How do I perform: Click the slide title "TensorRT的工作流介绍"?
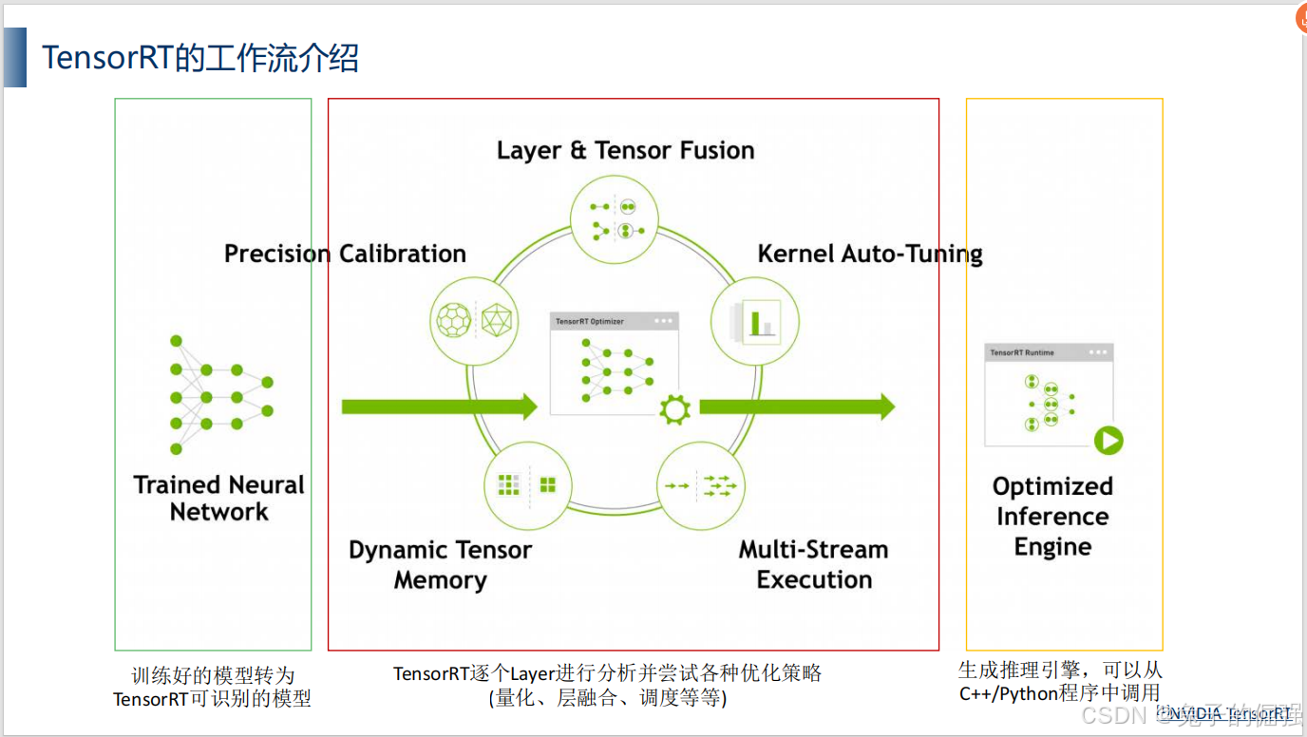coord(200,59)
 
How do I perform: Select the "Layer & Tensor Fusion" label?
coord(625,150)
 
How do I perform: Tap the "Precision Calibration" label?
coord(345,254)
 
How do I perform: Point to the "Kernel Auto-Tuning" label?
coord(869,254)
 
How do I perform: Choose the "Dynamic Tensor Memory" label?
coord(440,565)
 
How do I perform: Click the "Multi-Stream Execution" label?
coord(814,565)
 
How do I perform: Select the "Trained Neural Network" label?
coord(218,499)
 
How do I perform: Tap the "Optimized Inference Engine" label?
coord(1052,517)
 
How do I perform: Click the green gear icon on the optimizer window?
coord(674,409)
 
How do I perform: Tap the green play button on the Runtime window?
coord(1108,441)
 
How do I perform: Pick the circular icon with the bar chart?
coord(755,320)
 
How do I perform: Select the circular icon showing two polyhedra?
coord(473,320)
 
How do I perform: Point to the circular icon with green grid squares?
coord(527,485)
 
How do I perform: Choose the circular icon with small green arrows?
coord(701,485)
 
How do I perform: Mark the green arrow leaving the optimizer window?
coord(796,406)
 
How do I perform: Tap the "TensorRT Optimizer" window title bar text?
coord(590,322)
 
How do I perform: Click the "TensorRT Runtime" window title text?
coord(1022,352)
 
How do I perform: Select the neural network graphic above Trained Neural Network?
coord(219,394)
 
